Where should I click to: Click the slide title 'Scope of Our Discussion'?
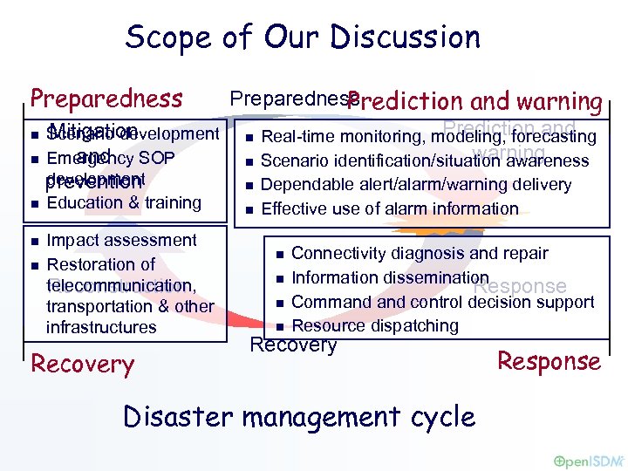[303, 38]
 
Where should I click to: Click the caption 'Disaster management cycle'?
[299, 416]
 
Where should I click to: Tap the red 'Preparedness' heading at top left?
[106, 97]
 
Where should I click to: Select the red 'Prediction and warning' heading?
[475, 102]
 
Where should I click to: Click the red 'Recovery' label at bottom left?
[82, 364]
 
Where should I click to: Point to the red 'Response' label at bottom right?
[549, 362]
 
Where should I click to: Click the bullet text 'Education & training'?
[124, 203]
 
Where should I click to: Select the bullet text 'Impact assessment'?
[121, 240]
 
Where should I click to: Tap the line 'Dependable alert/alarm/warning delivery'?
[416, 184]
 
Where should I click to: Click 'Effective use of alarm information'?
[389, 208]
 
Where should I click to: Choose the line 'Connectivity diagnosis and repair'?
[420, 253]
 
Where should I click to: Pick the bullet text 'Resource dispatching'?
[375, 325]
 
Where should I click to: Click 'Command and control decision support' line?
[442, 302]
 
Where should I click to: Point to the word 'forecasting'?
[554, 136]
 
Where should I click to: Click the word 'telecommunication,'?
[121, 285]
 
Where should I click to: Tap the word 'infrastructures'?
[101, 327]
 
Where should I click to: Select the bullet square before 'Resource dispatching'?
[279, 327]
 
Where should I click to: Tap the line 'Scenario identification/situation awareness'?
[425, 160]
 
